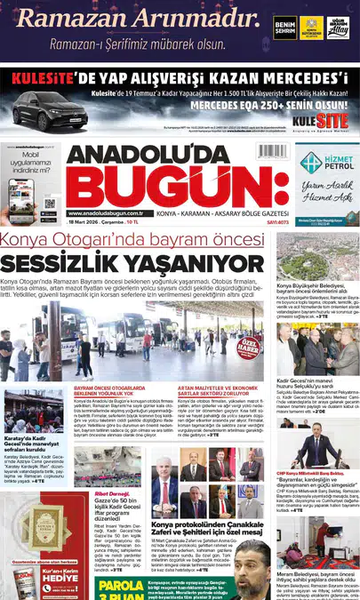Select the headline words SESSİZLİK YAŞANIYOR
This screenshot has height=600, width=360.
(132, 264)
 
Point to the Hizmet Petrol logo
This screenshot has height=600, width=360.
(324, 164)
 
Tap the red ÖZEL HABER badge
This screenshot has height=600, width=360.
(249, 346)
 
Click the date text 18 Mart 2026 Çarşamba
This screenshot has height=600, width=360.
(99, 222)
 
